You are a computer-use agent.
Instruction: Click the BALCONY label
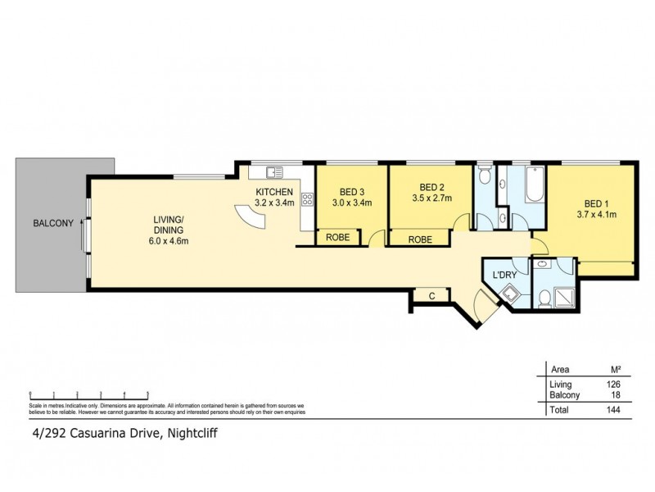click(53, 223)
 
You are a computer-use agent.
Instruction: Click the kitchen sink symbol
click(274, 172)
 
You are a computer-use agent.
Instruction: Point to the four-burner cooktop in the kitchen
click(307, 198)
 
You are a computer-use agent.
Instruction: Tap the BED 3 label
click(352, 191)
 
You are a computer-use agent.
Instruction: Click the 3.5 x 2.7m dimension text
click(431, 198)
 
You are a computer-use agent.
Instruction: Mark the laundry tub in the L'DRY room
click(511, 295)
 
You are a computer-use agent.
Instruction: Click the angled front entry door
click(485, 310)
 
